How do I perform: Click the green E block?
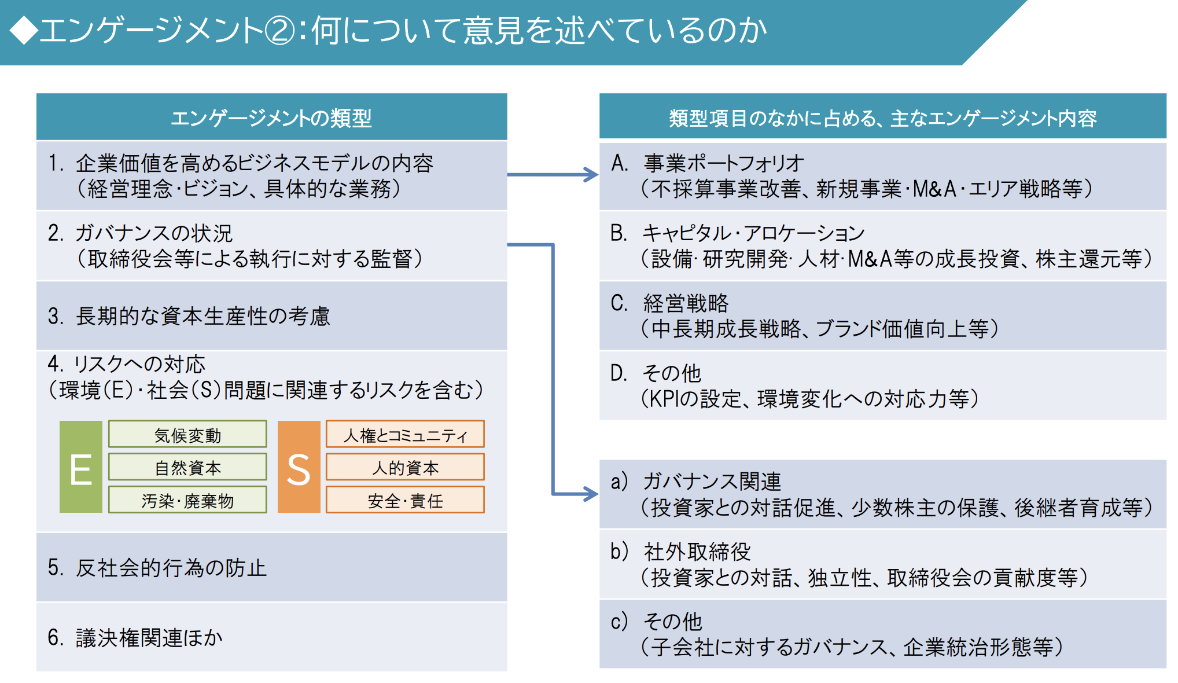point(81,467)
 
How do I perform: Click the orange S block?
point(299,467)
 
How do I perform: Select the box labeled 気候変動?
point(187,434)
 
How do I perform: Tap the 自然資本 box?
point(187,467)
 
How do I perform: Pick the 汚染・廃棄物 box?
point(187,500)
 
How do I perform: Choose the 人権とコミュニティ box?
point(405,434)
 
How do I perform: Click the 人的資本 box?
point(405,467)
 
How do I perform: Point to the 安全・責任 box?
point(405,500)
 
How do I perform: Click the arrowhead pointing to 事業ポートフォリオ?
point(591,174)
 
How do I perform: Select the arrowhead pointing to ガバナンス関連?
point(591,494)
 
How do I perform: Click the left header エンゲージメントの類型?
point(271,118)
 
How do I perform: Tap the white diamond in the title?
point(23,30)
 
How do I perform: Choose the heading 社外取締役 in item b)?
point(697,552)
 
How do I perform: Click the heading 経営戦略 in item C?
point(686,303)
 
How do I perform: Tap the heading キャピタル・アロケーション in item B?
point(754,233)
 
